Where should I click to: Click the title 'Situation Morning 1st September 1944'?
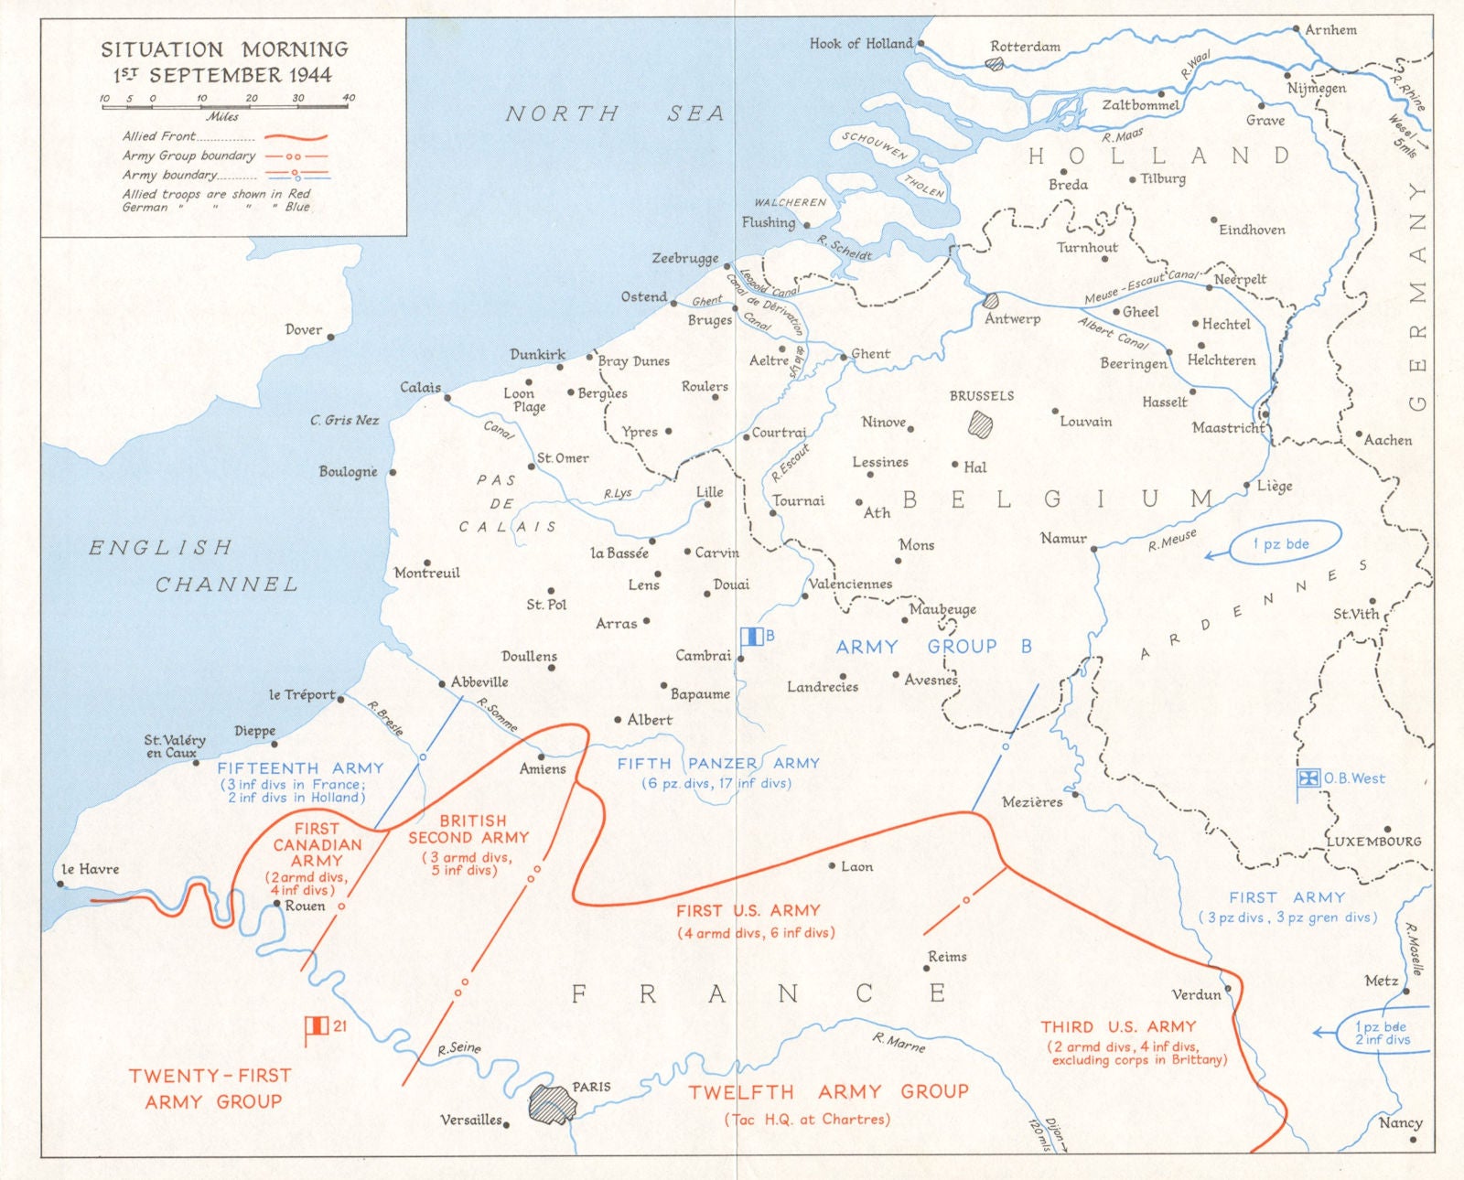tap(223, 61)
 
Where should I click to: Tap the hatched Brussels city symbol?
tap(981, 424)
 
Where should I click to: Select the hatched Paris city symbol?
tap(552, 1104)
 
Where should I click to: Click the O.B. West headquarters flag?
tap(1308, 778)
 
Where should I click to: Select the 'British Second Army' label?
tap(468, 830)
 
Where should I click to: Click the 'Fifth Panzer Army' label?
tap(718, 763)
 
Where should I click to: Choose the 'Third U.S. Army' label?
tap(1118, 1026)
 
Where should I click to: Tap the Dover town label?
tap(303, 329)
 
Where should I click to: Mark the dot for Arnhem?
tap(1296, 29)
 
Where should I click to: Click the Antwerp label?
tap(1012, 319)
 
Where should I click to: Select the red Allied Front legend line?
tap(295, 137)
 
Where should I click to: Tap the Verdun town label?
tap(1196, 994)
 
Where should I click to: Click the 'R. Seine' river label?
tap(458, 1048)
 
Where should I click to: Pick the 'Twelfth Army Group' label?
tap(828, 1091)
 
